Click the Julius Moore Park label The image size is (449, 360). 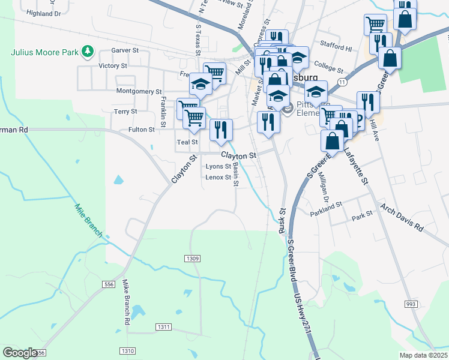point(44,51)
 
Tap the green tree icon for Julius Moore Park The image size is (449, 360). point(88,51)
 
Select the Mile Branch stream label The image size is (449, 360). point(88,220)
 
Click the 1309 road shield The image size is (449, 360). point(192,258)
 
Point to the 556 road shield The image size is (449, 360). point(109,284)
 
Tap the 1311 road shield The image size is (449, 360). point(163,327)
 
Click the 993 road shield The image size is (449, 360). point(411,305)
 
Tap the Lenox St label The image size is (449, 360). point(218,178)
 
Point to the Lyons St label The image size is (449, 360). point(218,166)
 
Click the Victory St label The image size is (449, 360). point(112,65)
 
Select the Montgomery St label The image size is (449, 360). point(139,92)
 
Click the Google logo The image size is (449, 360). point(20,353)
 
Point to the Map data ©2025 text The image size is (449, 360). point(423,355)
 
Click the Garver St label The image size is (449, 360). point(125,51)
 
